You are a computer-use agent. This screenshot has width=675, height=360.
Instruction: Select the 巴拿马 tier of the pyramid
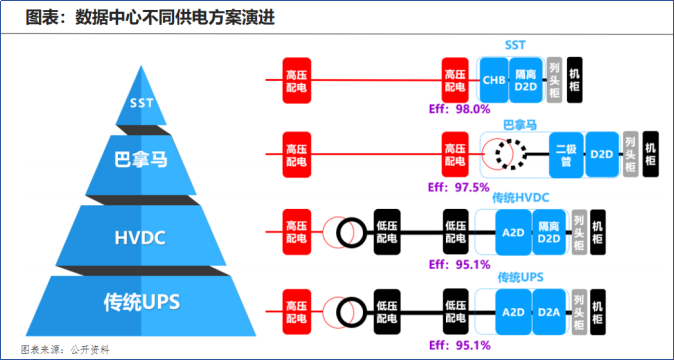point(141,164)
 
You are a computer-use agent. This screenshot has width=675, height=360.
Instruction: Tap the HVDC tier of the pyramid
point(141,236)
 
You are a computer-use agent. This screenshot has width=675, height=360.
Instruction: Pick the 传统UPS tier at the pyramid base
point(141,305)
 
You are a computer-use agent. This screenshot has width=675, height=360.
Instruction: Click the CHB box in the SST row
point(494,80)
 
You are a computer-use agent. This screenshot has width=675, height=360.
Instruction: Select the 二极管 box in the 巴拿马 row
point(566,155)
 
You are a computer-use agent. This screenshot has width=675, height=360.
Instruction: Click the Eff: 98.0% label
point(460,109)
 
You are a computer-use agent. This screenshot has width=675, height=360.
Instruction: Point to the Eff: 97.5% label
point(459,187)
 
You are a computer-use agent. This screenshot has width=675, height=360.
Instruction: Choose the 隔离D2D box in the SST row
point(526,80)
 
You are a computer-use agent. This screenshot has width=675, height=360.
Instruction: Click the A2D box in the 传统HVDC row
point(514,232)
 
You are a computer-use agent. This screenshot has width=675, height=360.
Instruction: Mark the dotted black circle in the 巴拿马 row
point(510,155)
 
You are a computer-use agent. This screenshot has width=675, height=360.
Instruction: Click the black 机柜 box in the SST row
point(575,80)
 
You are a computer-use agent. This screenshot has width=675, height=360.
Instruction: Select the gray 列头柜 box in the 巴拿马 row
point(630,154)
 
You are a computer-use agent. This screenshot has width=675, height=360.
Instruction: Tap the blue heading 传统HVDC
point(520,198)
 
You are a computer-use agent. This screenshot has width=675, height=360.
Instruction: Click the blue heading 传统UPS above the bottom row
point(520,277)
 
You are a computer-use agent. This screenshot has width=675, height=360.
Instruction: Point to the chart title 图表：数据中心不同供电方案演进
point(150,18)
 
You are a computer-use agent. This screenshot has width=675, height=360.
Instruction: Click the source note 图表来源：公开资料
point(65,349)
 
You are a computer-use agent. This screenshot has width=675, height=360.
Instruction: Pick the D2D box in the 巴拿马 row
point(601,155)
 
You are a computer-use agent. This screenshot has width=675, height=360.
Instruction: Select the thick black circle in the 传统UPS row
point(351,312)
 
